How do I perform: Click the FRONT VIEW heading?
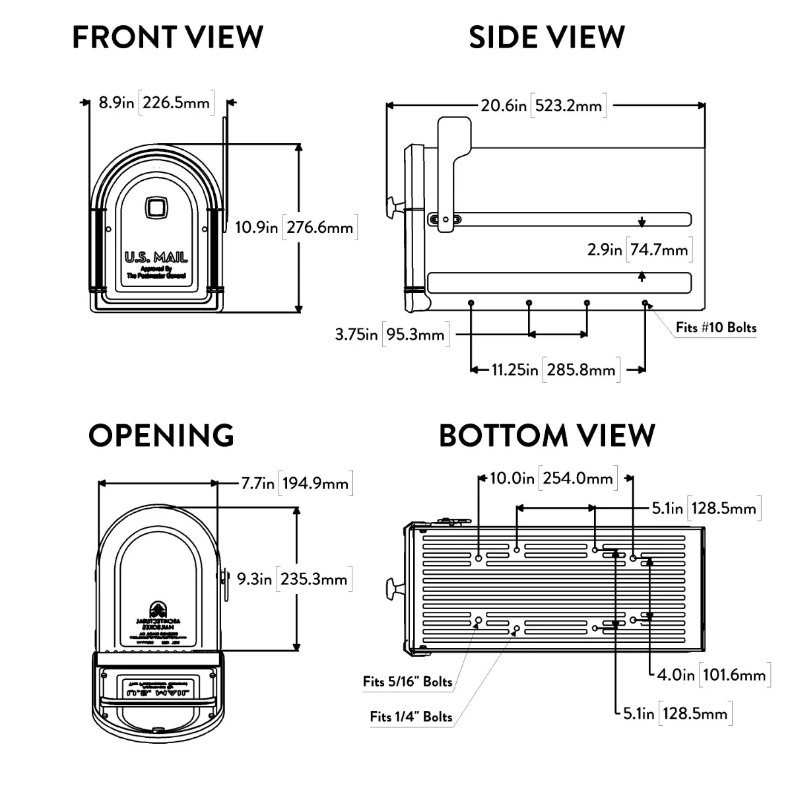pos(168,37)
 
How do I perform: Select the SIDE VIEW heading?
pos(546,37)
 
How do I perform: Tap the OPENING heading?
pos(161,436)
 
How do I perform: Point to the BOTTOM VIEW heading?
pos(547,436)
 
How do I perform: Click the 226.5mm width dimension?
pos(176,103)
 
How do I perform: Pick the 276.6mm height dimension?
pos(320,228)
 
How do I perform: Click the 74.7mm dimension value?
pos(659,249)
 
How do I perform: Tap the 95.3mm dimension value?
pos(415,334)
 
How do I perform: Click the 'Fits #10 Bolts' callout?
pos(716,327)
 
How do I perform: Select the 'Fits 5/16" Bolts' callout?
pos(408,682)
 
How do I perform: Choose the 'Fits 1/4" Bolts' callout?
pos(411,716)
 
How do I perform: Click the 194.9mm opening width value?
pos(315,483)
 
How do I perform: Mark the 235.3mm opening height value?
pos(313,579)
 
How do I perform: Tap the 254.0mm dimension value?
pos(578,478)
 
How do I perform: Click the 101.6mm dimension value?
pos(734,675)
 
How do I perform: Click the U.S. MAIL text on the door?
pos(156,257)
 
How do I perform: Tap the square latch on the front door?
pos(156,207)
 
